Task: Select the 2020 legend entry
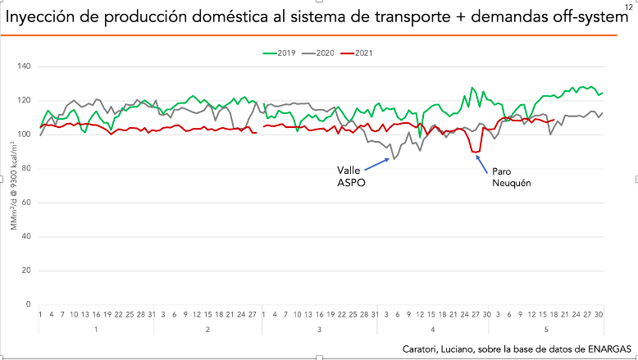tap(319, 53)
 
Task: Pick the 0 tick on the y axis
tap(30, 304)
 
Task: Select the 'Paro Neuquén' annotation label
tap(512, 177)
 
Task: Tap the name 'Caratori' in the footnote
tap(423, 349)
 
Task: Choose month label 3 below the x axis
tap(319, 329)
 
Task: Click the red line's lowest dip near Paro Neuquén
tap(476, 151)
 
